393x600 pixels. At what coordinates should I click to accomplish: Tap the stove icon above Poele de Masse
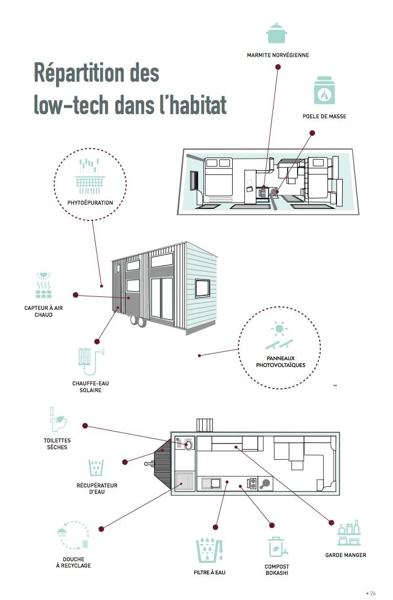click(324, 91)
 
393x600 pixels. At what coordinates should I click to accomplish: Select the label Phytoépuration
click(90, 203)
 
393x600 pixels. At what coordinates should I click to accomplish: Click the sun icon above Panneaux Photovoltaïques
click(279, 329)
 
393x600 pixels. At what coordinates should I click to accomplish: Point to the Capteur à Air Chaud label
click(43, 311)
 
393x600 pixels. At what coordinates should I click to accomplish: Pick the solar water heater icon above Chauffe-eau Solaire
click(86, 361)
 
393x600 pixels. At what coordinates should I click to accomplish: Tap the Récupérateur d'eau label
click(96, 488)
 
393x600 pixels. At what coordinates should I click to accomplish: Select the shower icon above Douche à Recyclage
click(62, 532)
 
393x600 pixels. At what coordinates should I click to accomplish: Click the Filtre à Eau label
click(210, 572)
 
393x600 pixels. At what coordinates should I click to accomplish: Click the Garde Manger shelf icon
click(349, 533)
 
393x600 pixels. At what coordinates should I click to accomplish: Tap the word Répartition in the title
click(96, 73)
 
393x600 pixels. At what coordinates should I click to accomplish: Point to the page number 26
click(373, 593)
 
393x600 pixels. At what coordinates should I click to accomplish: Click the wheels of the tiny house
click(138, 322)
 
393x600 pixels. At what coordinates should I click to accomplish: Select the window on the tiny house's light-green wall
click(203, 288)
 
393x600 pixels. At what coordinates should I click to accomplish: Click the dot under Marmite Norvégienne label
click(278, 67)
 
